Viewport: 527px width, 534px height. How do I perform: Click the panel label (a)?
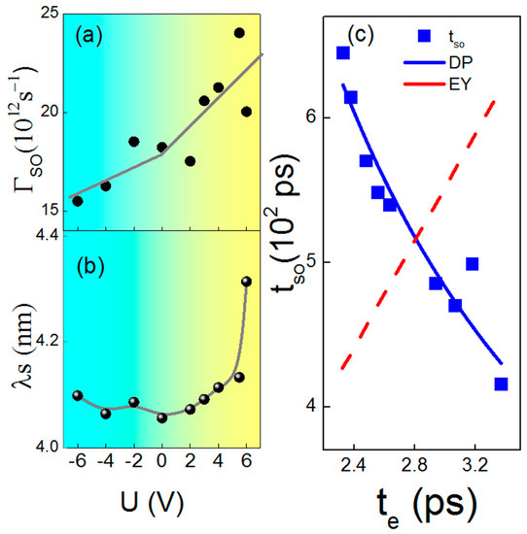98,42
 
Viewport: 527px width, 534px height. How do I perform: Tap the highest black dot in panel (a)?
239,33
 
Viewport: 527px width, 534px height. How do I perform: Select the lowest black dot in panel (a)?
78,201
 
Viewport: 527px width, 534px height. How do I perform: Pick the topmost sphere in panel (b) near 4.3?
246,282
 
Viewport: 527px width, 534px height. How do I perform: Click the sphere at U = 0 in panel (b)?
161,417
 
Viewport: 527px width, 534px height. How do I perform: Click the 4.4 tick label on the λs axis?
43,234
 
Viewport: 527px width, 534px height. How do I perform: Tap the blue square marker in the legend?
424,37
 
